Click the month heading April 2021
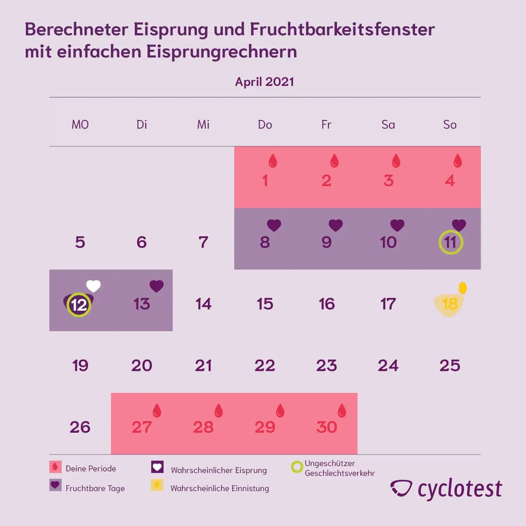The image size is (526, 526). coord(264,82)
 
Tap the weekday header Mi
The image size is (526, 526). coord(203,125)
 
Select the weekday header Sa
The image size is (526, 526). coord(388,125)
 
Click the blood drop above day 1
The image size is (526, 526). coord(273,161)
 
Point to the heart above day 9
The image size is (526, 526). coord(335,225)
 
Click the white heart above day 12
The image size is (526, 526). coord(93,286)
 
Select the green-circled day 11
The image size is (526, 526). coord(450,242)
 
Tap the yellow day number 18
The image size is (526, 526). coord(450,304)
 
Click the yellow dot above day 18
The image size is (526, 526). coord(463,288)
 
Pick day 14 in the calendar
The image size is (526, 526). coord(203,304)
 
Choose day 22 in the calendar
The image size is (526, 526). coord(265,366)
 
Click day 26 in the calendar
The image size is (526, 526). coord(80,427)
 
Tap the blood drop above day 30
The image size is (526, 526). coord(342,410)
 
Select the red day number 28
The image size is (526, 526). coord(203,427)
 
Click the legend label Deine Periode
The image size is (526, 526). coord(91,468)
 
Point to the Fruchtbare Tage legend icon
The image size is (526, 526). coord(55,485)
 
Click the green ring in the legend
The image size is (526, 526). coord(297,467)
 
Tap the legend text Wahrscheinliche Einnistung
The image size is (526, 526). coord(219,488)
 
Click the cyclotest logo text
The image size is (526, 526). coord(459,489)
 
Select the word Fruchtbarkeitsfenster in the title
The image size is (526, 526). coord(342,30)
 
